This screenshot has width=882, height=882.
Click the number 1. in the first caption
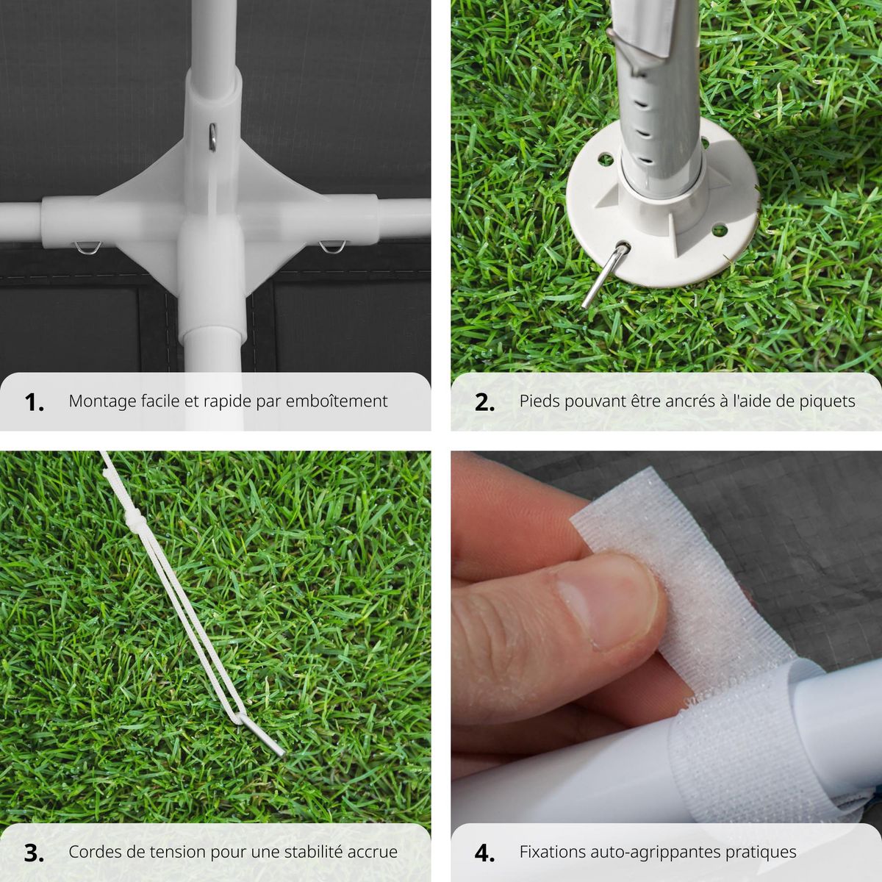[35, 402]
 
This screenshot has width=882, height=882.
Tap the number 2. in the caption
[484, 402]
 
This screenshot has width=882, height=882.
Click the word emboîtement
[337, 401]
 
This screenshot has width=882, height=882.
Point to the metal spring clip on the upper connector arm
[212, 137]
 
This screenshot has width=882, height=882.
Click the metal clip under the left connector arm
[88, 248]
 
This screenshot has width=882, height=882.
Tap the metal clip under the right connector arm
[333, 247]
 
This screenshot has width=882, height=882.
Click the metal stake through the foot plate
[605, 276]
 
